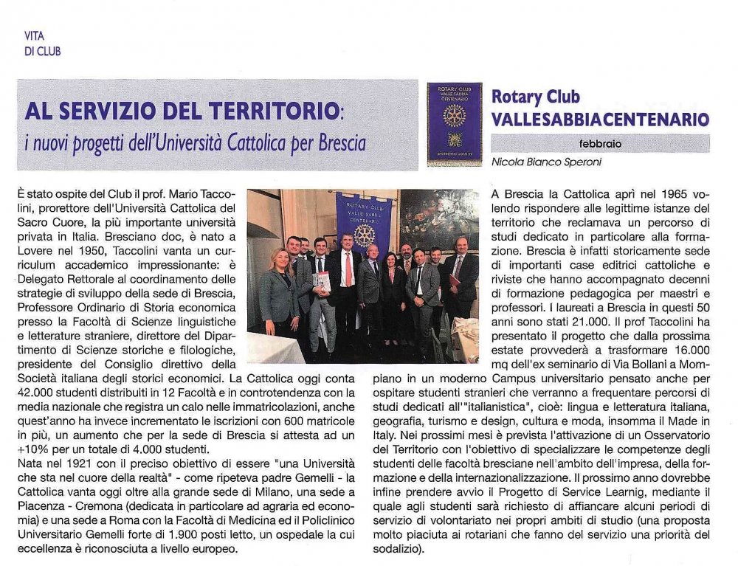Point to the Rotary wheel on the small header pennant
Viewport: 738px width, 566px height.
[454, 115]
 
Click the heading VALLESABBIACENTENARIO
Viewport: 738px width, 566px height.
[600, 120]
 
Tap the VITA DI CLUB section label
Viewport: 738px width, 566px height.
[42, 44]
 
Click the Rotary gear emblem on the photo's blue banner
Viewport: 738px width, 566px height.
[364, 235]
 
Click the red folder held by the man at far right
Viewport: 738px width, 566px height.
[454, 283]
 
